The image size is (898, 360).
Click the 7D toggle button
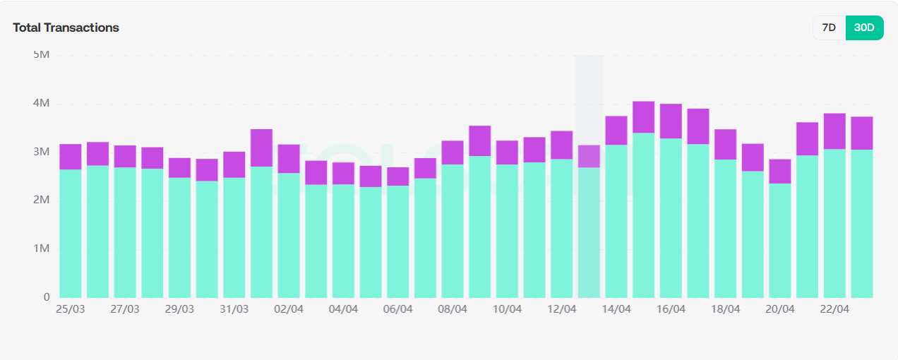(x=829, y=28)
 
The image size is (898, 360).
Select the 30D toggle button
(x=864, y=28)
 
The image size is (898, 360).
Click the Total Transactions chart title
(x=66, y=28)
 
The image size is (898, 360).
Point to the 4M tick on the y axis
(x=42, y=104)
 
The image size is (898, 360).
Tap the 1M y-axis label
(x=42, y=249)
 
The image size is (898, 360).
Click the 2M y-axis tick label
(x=42, y=200)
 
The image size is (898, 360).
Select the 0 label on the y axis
(x=46, y=297)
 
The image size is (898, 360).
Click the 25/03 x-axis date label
(x=70, y=309)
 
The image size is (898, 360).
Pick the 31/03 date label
(x=234, y=309)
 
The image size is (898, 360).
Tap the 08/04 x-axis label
(x=453, y=309)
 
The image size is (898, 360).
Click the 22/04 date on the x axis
(x=834, y=309)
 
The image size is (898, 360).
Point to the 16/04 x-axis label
(x=671, y=309)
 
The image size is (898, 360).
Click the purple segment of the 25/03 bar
(x=71, y=157)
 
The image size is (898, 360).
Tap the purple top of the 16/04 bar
(x=671, y=121)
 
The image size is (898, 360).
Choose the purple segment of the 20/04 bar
(x=780, y=172)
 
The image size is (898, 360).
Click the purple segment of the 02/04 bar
(x=289, y=159)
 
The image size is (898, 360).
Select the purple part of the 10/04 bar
(x=507, y=152)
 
